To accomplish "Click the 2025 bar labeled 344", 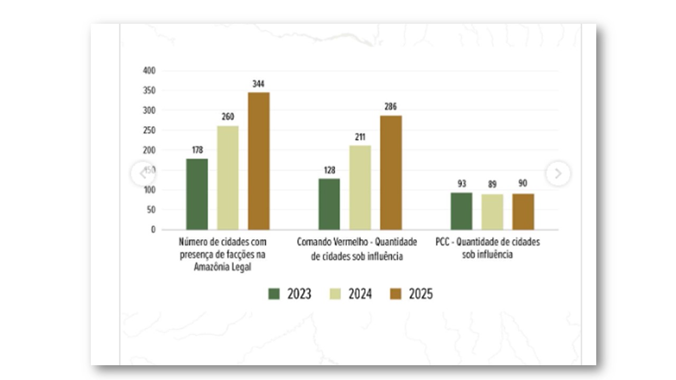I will click(x=259, y=161).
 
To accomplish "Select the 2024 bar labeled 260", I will click(x=228, y=177).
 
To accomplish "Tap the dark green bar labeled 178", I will click(x=197, y=194).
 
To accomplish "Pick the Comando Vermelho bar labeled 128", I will click(x=329, y=204).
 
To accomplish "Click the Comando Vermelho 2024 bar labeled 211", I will click(x=360, y=187).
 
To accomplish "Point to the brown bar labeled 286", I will click(x=391, y=173).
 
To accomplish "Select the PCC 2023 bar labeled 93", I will click(x=461, y=211).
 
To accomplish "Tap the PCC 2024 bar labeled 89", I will click(x=492, y=212).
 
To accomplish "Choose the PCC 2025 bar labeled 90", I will click(x=523, y=212).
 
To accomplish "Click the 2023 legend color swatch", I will click(x=274, y=294).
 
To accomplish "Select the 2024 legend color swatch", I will click(x=335, y=294).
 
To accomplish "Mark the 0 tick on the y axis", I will click(x=153, y=230).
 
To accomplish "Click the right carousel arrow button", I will click(x=558, y=173).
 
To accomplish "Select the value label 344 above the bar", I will click(x=259, y=84).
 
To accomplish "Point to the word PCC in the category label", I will click(x=443, y=242).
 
